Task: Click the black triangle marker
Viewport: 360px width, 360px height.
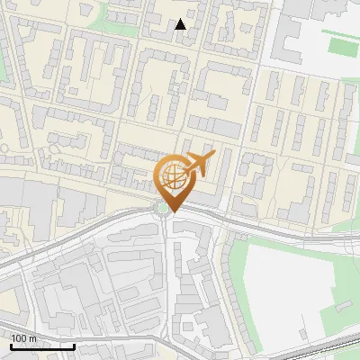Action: (181, 24)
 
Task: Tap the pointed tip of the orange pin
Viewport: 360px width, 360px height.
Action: (170, 211)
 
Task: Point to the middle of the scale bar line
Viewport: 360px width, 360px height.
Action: (42, 346)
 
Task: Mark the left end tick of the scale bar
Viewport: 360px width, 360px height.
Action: (12, 345)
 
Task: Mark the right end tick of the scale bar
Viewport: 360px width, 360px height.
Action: (74, 345)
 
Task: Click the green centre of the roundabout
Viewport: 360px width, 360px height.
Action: (162, 210)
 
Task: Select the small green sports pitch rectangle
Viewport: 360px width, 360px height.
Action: (343, 45)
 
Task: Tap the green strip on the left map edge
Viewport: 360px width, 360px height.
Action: (3, 63)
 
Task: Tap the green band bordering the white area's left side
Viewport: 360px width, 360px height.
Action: (236, 279)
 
